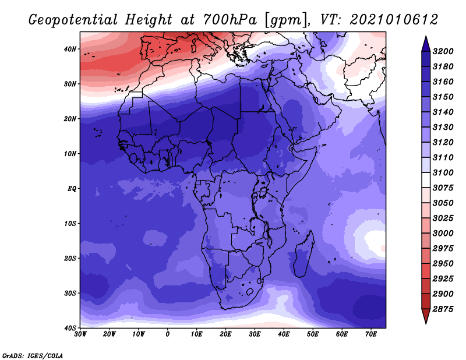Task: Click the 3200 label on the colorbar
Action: (x=443, y=51)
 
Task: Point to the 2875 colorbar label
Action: (x=443, y=309)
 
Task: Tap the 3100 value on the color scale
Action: (x=443, y=172)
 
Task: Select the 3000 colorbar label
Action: (x=443, y=234)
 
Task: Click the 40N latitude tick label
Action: (x=70, y=49)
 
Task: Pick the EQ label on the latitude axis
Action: (x=72, y=189)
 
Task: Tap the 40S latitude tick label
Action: (x=70, y=328)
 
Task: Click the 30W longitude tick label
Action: (x=80, y=334)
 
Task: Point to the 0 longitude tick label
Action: (x=168, y=334)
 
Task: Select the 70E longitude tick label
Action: (x=371, y=334)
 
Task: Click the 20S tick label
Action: (x=70, y=258)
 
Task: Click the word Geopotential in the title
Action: (x=73, y=20)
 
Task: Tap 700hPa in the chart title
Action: (x=230, y=20)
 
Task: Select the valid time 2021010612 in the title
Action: (x=394, y=20)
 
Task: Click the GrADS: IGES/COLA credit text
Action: (x=33, y=355)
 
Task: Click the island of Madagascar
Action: (x=303, y=255)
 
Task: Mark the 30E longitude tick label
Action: (x=255, y=334)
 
